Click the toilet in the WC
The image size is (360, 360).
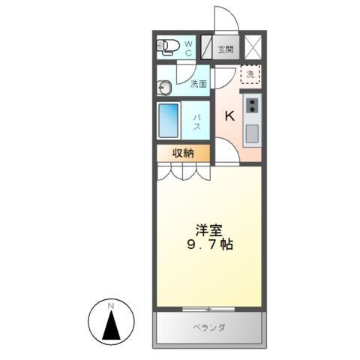pos(168,47)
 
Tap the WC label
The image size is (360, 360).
pos(188,49)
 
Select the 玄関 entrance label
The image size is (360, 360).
pos(225,49)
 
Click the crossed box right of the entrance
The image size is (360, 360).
pos(253,46)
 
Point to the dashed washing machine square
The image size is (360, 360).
pos(250,75)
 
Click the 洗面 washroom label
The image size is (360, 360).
pos(199,84)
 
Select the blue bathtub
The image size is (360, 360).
pos(169,120)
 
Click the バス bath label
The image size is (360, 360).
pos(198,120)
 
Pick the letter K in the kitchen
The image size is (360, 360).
pos(230,115)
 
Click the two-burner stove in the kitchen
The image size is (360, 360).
pos(253,104)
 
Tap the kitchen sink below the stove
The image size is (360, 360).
pos(253,133)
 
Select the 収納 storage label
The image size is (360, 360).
pos(183,153)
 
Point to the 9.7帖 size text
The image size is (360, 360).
pos(208,245)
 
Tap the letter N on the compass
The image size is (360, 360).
pos(110,304)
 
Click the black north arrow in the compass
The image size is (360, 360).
pos(111,324)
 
